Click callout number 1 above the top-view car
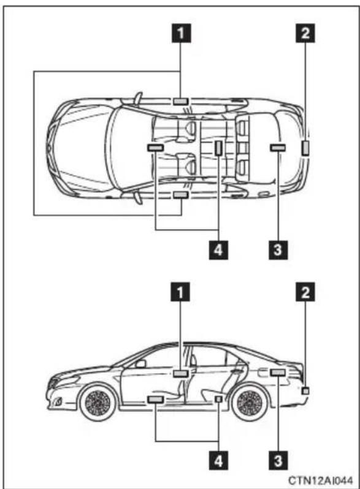(x=181, y=33)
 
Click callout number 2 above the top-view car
(x=305, y=33)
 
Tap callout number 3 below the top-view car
(x=278, y=249)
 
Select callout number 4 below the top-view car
(x=218, y=249)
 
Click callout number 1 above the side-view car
(x=180, y=292)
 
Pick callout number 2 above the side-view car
(x=305, y=292)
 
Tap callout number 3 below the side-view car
(x=278, y=461)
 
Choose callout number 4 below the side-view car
(x=218, y=461)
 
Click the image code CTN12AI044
(x=321, y=480)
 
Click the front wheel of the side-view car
(x=98, y=403)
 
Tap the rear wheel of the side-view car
(x=251, y=403)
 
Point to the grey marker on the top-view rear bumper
(x=305, y=148)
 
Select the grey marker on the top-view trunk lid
(x=278, y=148)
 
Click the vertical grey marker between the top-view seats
(x=218, y=148)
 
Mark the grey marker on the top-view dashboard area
(x=155, y=148)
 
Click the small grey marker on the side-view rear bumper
(x=305, y=390)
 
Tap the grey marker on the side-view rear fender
(x=278, y=373)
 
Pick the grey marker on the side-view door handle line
(x=180, y=373)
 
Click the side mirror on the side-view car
(x=140, y=363)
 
